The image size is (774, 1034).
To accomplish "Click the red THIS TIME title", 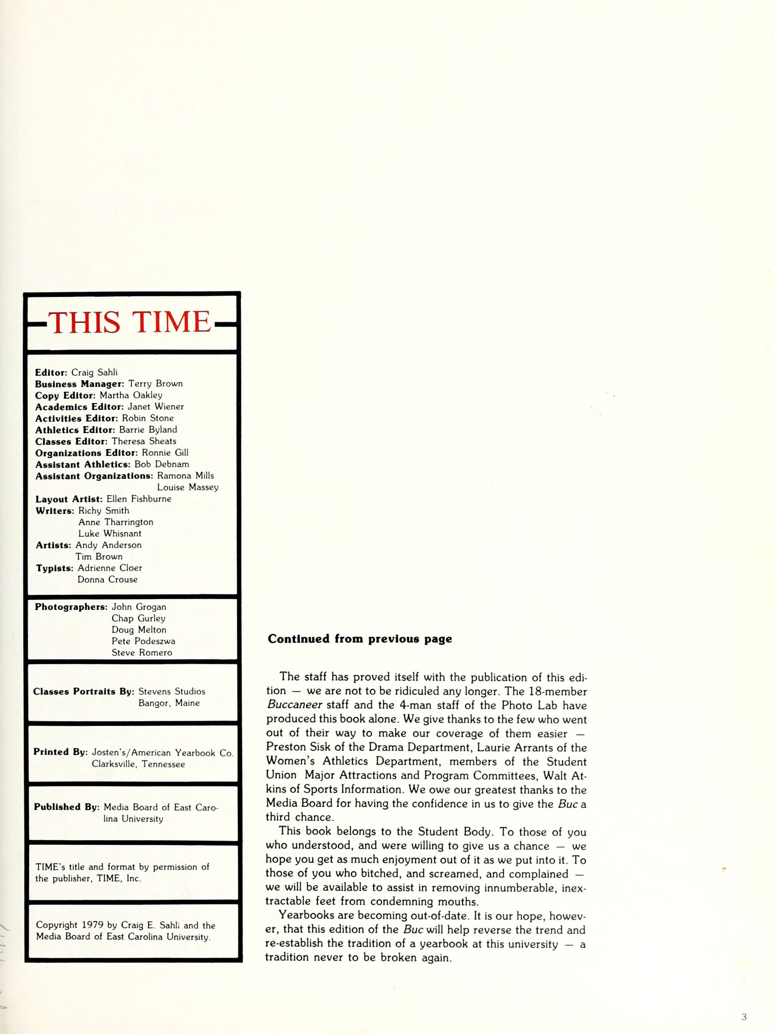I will click(130, 322).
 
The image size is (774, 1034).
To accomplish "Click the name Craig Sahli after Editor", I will click(94, 373).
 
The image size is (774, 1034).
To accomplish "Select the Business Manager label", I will click(79, 384).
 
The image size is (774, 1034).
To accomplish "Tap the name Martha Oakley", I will click(130, 395).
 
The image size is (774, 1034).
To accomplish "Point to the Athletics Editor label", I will click(75, 430).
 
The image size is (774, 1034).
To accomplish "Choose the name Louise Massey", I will click(188, 487).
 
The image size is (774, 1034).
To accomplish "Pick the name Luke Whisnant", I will click(110, 533).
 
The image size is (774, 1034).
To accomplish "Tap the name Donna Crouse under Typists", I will click(108, 579).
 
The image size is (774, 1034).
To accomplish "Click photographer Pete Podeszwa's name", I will click(143, 641).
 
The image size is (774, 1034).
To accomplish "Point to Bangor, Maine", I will click(169, 703).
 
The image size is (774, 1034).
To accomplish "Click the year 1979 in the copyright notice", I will click(92, 925).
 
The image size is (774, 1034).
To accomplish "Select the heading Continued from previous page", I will click(360, 639).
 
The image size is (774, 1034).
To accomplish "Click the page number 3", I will click(743, 1017).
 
